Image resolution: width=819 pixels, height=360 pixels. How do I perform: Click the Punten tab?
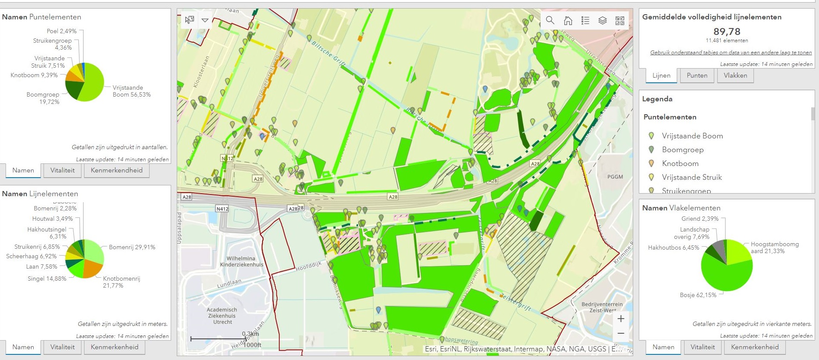pyautogui.click(x=697, y=75)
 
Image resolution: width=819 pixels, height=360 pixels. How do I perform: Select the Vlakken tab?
pyautogui.click(x=735, y=75)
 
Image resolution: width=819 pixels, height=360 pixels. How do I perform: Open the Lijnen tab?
pyautogui.click(x=661, y=75)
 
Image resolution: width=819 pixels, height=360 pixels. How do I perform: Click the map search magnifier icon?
pyautogui.click(x=550, y=20)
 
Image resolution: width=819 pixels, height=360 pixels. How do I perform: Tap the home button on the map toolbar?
pyautogui.click(x=568, y=20)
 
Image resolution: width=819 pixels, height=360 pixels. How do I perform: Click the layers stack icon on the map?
pyautogui.click(x=603, y=20)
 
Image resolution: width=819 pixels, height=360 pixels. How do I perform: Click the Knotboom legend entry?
pyautogui.click(x=680, y=163)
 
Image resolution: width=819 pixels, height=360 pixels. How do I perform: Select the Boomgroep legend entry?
pyautogui.click(x=683, y=150)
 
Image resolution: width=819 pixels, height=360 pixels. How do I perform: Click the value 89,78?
pyautogui.click(x=727, y=31)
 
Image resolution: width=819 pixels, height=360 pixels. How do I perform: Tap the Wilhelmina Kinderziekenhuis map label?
pyautogui.click(x=241, y=262)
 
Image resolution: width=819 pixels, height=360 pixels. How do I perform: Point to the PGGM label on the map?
pyautogui.click(x=615, y=177)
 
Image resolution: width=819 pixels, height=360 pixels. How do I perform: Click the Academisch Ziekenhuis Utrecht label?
pyautogui.click(x=222, y=316)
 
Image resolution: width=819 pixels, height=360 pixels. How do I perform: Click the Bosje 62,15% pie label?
pyautogui.click(x=698, y=295)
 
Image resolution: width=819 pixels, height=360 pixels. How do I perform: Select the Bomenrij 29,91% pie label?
pyautogui.click(x=132, y=247)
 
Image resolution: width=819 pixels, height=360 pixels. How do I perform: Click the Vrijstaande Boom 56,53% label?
pyautogui.click(x=131, y=91)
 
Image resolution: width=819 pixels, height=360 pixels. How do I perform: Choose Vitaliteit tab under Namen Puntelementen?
pyautogui.click(x=63, y=170)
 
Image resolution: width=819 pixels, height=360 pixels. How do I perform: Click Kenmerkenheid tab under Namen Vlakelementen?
pyautogui.click(x=755, y=347)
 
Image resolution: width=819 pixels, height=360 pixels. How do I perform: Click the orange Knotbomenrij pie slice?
pyautogui.click(x=93, y=269)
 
